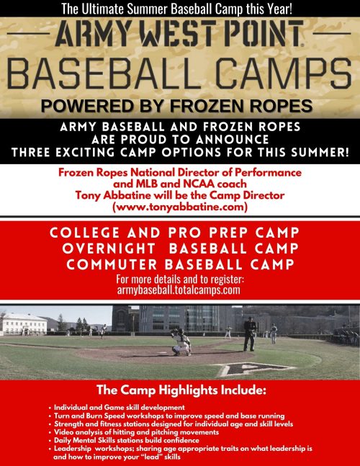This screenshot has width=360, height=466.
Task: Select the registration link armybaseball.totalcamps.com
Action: pos(180,292)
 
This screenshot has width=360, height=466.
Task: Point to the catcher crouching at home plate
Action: pos(183,343)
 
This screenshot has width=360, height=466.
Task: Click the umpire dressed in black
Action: pos(249,333)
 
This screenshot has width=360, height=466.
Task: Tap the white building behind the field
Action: pos(25,323)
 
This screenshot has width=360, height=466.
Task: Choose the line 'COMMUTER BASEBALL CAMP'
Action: pos(180,264)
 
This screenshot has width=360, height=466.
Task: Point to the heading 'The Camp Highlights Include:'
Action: pos(180,391)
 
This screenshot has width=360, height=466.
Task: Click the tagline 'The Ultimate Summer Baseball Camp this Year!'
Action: pos(180,9)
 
